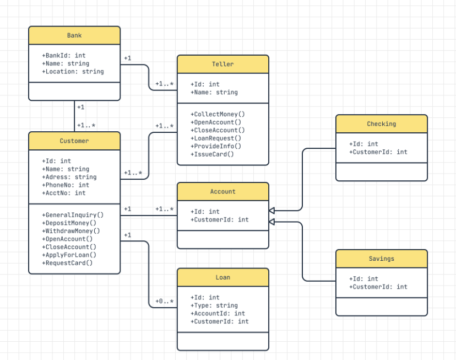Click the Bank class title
point(74,35)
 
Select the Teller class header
point(222,64)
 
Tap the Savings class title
point(381,259)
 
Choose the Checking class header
point(381,124)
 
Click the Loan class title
point(222,277)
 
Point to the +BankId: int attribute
point(64,56)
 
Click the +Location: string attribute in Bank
point(73,71)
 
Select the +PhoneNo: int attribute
point(66,185)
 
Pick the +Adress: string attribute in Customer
point(69,177)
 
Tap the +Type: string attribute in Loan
point(214,305)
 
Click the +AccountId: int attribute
point(218,313)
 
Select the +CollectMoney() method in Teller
point(218,114)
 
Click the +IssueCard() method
point(213,154)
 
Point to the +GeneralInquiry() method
point(73,215)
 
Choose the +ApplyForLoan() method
point(69,255)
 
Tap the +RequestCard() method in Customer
point(68,263)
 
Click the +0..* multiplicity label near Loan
point(164,302)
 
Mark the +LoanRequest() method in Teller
point(216,138)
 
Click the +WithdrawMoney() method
point(71,231)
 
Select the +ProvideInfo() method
point(216,146)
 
